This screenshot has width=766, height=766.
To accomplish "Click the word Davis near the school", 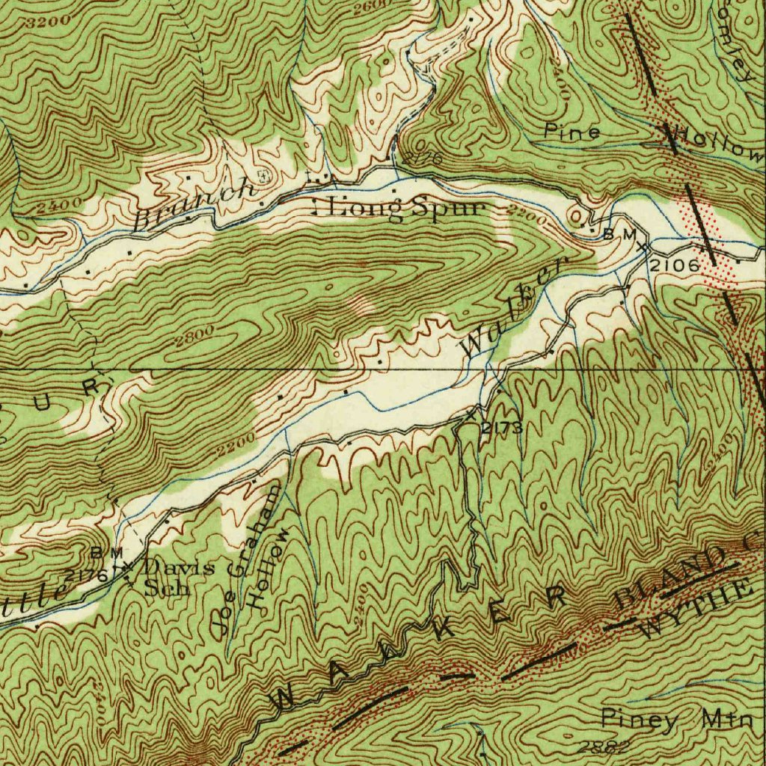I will (179, 567).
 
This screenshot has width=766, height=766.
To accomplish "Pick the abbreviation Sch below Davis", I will (168, 586).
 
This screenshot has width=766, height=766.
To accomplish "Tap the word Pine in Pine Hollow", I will (572, 132).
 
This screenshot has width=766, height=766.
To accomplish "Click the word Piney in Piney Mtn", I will (640, 720).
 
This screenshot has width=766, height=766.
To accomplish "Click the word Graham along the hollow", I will (257, 527).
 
